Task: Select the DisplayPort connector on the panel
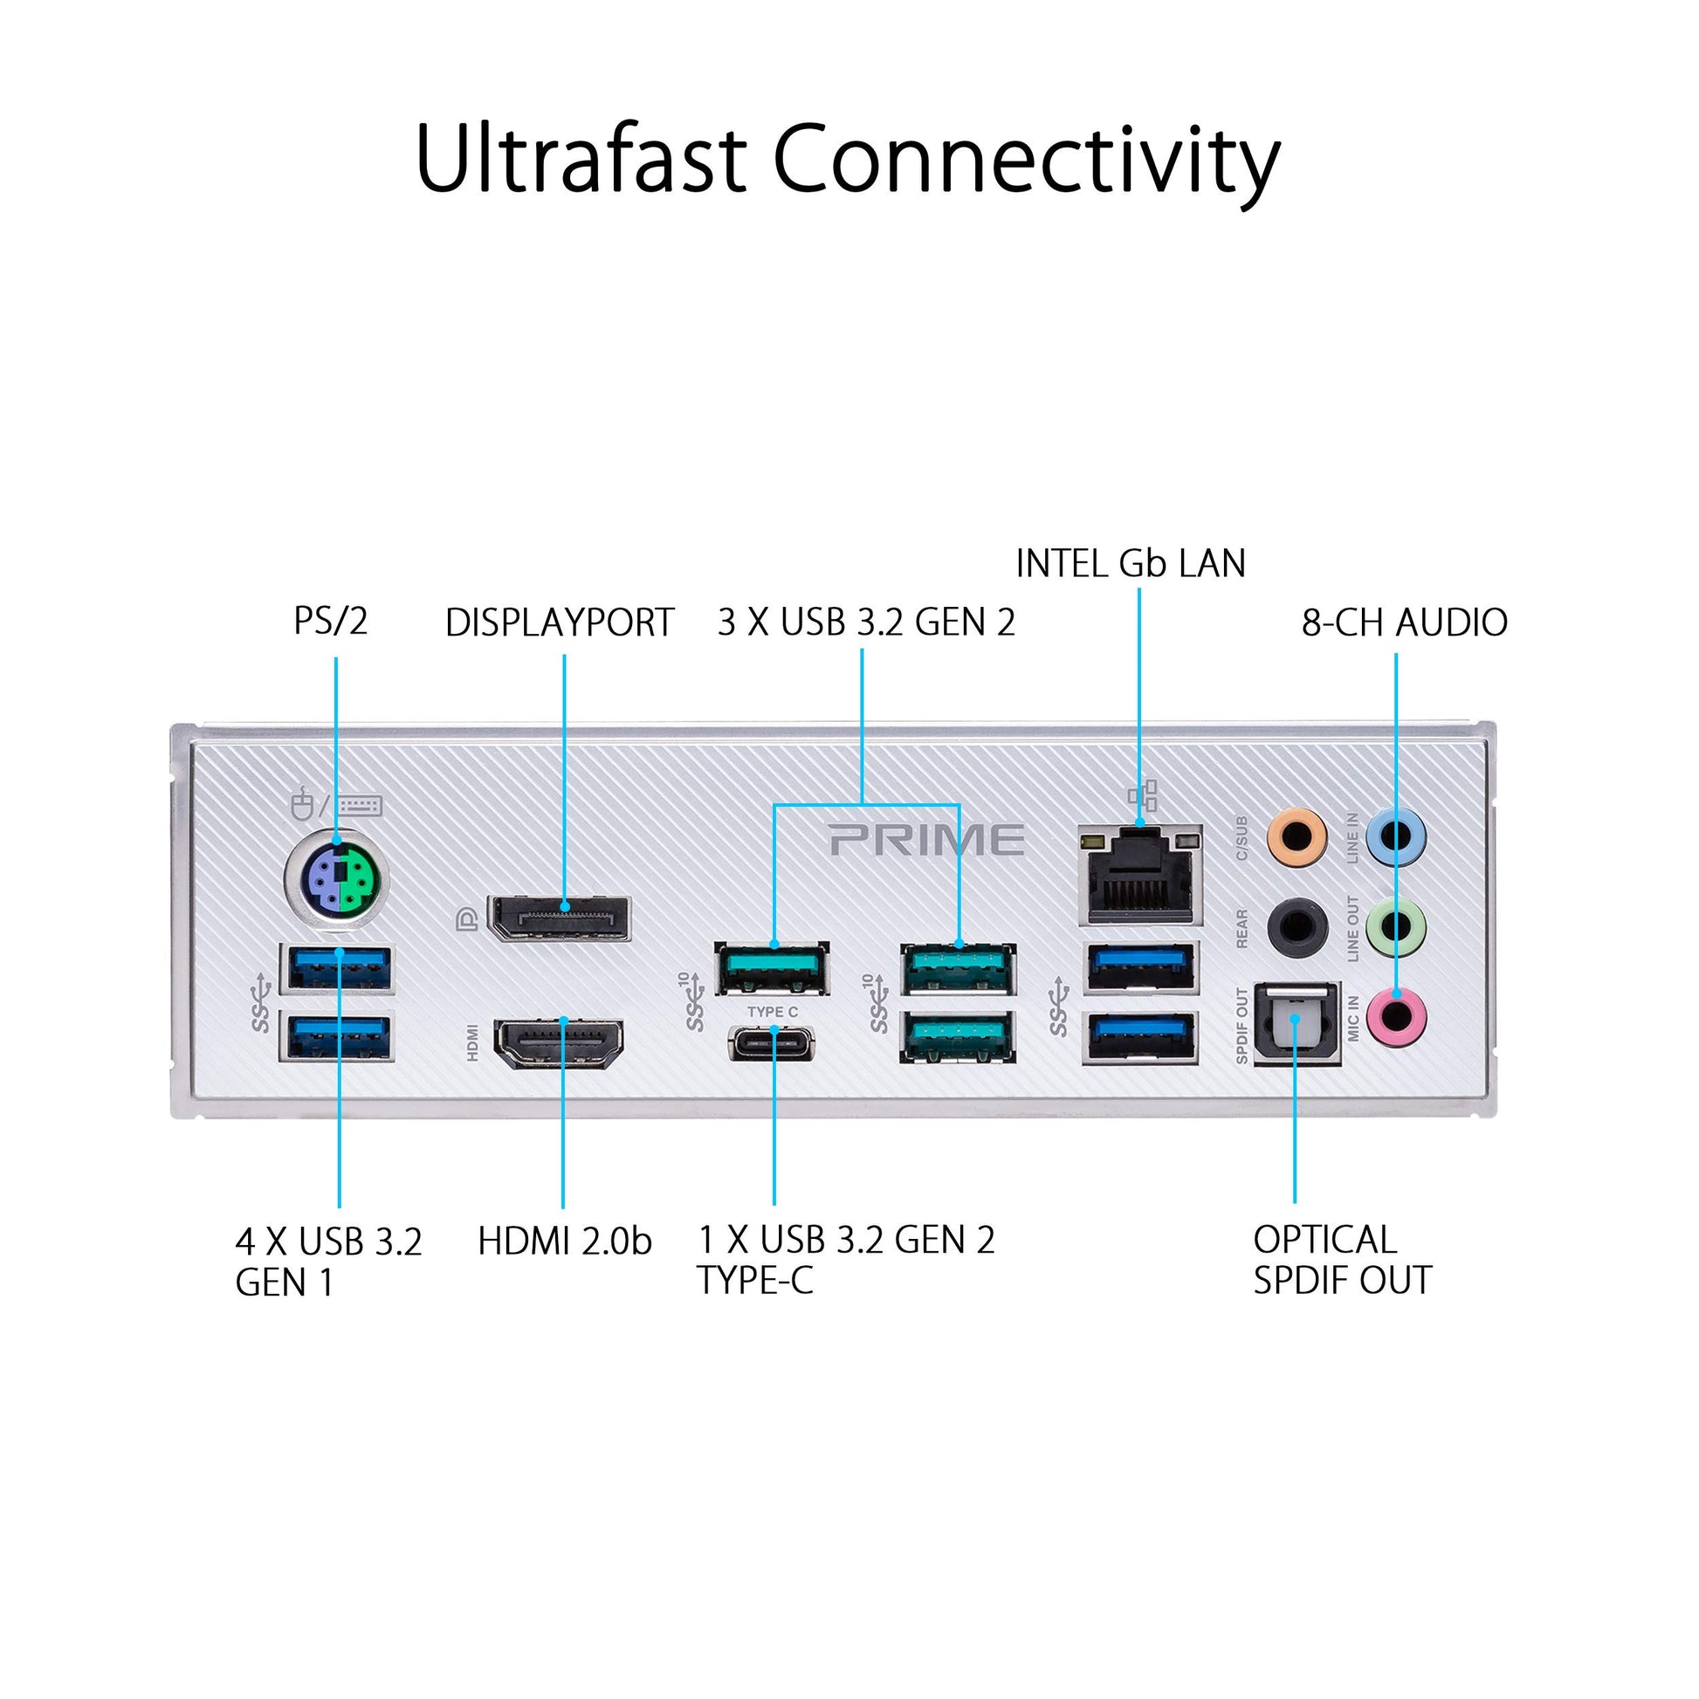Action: click(x=560, y=918)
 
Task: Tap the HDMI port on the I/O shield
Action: click(x=560, y=1043)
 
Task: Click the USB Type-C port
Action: click(x=772, y=1045)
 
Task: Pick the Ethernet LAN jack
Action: click(x=1139, y=875)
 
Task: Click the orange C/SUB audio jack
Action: click(x=1297, y=837)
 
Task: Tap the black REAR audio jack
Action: click(x=1297, y=927)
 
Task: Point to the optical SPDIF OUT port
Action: click(x=1297, y=1023)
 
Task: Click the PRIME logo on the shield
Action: click(x=927, y=840)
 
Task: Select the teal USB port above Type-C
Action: click(x=772, y=968)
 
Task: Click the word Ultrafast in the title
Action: click(x=581, y=159)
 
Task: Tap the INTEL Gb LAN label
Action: click(x=1131, y=564)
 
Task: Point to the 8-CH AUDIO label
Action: click(x=1405, y=623)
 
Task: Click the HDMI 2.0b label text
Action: click(x=565, y=1242)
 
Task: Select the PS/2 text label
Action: click(x=331, y=621)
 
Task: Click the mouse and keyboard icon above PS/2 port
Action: click(x=336, y=804)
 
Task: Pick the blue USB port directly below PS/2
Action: click(x=336, y=968)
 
